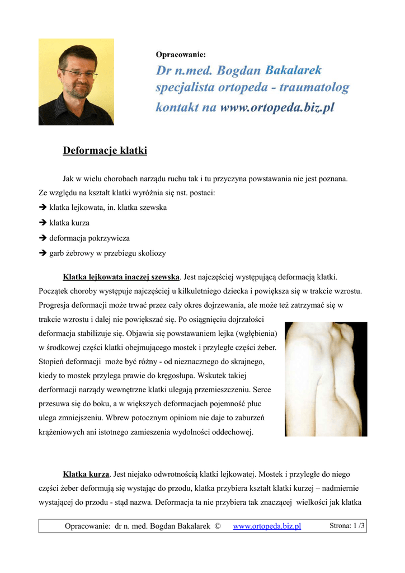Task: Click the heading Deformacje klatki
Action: [105, 151]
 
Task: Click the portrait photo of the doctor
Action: [76, 82]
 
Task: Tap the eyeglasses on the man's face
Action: [78, 73]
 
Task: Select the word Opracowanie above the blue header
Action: [180, 55]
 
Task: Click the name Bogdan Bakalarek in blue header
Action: [269, 71]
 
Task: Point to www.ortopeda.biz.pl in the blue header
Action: [277, 107]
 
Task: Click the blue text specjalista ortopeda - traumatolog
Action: [252, 88]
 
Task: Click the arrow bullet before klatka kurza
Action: [43, 223]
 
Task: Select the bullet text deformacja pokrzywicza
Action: [90, 238]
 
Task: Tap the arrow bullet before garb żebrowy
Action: [43, 253]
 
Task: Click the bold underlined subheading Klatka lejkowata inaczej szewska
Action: [121, 277]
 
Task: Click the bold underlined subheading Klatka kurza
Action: [86, 473]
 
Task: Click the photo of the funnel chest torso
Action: [326, 379]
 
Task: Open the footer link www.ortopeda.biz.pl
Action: [267, 526]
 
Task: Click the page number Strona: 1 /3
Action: [347, 525]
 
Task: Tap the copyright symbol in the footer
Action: [218, 526]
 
